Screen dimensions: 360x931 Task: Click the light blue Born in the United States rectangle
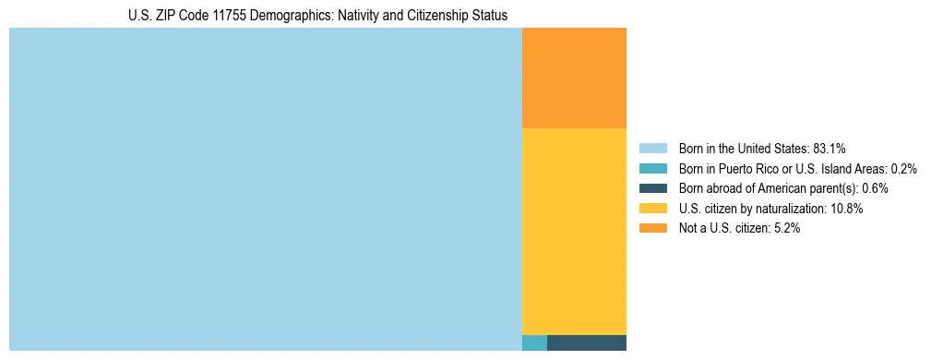[x=266, y=189]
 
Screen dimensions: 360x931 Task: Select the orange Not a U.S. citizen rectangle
[x=574, y=78]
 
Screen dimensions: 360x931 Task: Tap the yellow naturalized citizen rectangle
[x=574, y=231]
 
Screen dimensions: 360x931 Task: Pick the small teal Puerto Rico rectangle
[x=534, y=342]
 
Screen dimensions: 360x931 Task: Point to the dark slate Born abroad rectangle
[x=587, y=342]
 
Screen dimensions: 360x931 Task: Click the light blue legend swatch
[x=652, y=148]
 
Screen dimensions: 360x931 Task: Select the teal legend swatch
[x=652, y=168]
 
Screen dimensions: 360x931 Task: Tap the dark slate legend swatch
[x=652, y=188]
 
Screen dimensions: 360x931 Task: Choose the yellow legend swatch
[x=652, y=209]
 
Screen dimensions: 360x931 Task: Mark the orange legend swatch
[x=652, y=228]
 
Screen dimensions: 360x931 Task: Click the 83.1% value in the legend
[x=829, y=148]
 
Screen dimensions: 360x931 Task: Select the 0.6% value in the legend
[x=875, y=188]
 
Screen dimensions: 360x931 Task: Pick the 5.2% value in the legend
[x=787, y=228]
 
